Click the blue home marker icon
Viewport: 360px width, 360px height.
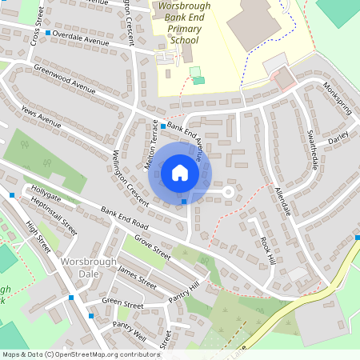[x=180, y=172]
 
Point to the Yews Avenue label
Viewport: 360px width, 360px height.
[x=41, y=118]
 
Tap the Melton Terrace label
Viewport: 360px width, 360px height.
[x=151, y=144]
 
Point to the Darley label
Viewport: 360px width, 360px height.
[x=339, y=135]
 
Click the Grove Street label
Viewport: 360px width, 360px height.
[x=152, y=248]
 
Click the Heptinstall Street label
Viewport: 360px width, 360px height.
[x=55, y=214]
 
